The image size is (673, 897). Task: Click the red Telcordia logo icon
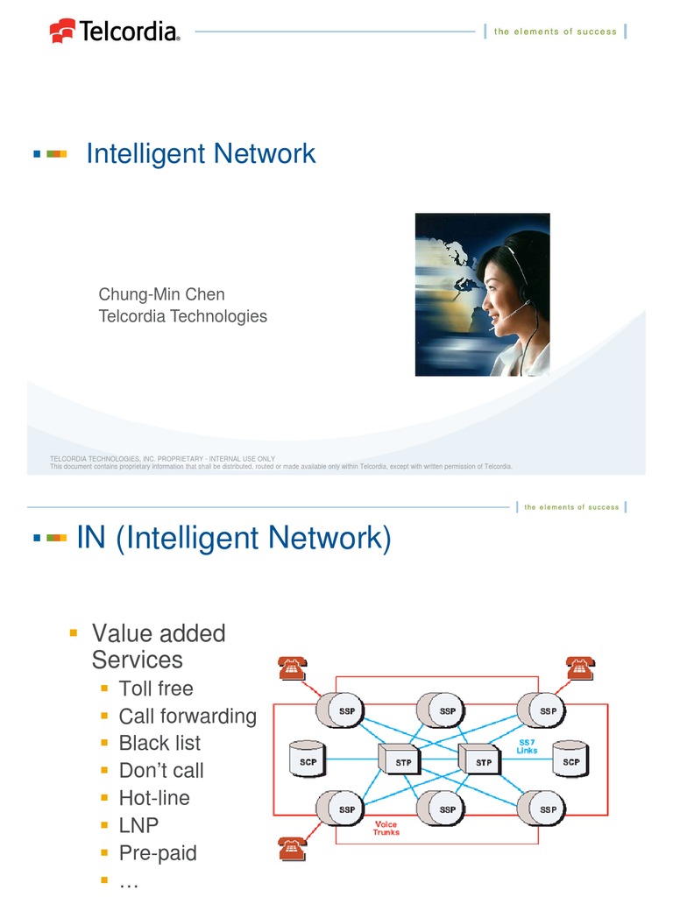(62, 32)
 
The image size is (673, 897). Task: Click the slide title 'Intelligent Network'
(201, 154)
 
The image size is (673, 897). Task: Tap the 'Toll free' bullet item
(156, 689)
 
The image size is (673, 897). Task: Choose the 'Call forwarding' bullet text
(188, 716)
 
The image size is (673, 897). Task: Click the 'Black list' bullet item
(159, 743)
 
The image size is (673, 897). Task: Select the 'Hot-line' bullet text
(154, 798)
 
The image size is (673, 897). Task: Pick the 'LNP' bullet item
(138, 825)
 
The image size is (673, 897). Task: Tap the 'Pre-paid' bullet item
(158, 852)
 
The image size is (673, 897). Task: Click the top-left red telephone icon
(293, 668)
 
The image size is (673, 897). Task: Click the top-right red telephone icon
(579, 668)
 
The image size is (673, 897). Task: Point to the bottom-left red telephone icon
(293, 849)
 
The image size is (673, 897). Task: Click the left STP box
(402, 761)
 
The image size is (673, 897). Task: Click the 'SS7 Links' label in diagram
(528, 745)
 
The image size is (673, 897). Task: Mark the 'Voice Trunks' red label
(386, 829)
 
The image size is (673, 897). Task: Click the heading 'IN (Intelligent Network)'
(234, 538)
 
